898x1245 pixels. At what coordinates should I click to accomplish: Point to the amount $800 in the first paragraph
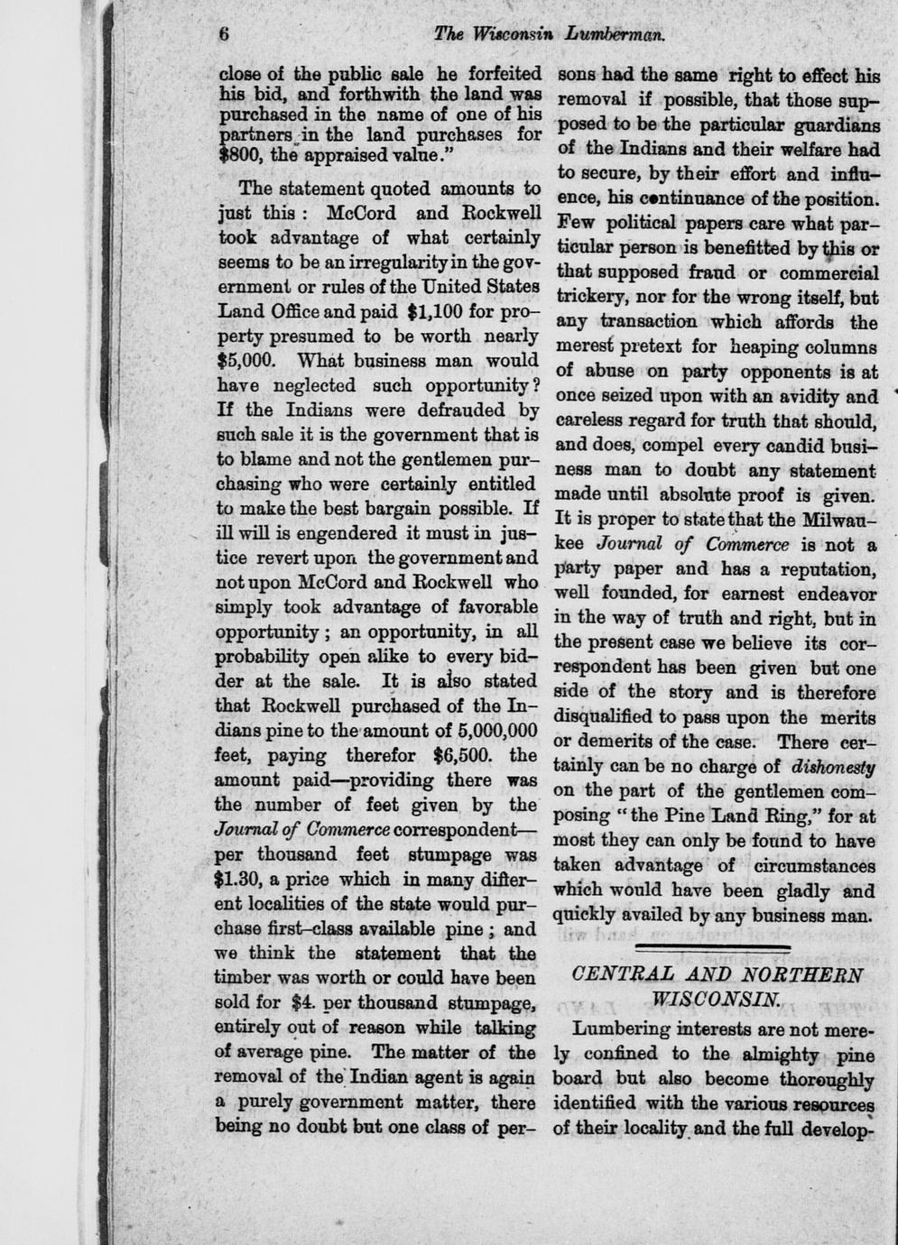(239, 154)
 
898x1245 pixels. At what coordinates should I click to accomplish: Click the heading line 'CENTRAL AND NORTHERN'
(717, 975)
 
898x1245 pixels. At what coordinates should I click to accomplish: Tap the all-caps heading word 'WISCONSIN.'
(717, 1001)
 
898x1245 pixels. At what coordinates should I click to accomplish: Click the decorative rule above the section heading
(712, 946)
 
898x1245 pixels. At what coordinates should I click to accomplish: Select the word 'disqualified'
(602, 718)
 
